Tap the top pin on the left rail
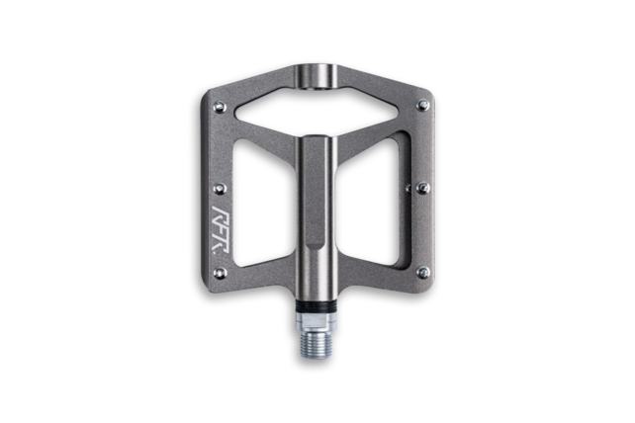coord(216,102)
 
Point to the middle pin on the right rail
coord(424,182)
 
